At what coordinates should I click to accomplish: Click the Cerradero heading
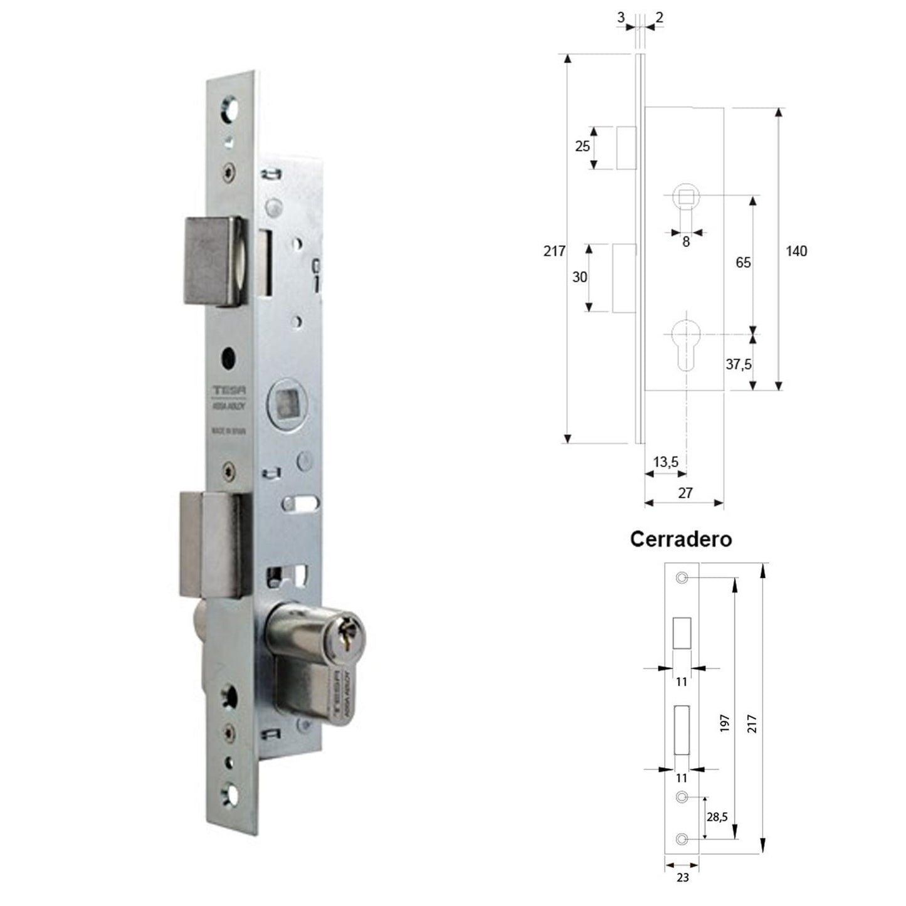680,539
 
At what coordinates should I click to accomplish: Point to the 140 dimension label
796,251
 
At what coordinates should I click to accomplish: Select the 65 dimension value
743,262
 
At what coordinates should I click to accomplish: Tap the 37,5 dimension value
739,364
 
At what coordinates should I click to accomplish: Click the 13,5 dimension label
665,462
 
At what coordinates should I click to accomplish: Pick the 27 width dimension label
685,493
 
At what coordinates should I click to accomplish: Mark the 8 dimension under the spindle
686,241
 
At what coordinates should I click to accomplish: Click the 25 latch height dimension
582,146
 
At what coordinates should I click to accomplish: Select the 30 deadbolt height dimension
580,277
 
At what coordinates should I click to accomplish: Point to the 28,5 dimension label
716,818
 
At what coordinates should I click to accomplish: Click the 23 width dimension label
683,877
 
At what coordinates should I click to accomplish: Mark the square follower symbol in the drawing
686,196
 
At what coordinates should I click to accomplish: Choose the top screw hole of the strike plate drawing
682,577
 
